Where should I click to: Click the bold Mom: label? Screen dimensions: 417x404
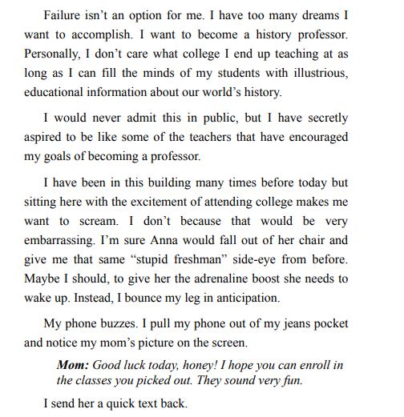point(72,365)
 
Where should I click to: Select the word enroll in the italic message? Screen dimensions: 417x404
point(309,365)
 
